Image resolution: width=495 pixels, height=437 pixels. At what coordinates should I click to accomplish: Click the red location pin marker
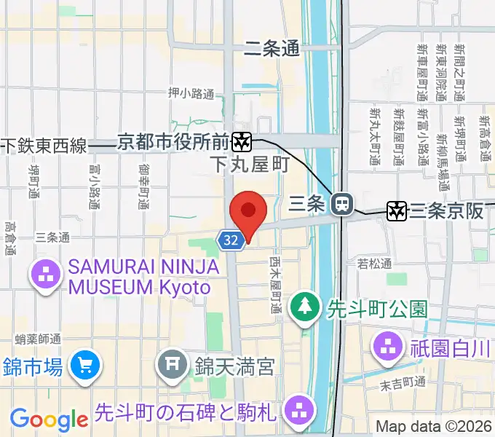coord(248,213)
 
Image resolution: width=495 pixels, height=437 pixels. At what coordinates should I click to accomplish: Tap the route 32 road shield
coord(230,240)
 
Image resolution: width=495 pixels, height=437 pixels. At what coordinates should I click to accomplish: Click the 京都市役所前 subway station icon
coord(242,141)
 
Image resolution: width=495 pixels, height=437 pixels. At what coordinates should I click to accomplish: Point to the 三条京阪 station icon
coord(397,211)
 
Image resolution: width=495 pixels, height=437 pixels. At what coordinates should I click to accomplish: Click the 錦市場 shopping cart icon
coord(85,365)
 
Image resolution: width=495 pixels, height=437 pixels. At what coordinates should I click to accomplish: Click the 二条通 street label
coord(272,49)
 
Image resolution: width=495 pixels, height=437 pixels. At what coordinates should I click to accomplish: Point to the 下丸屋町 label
coord(250,165)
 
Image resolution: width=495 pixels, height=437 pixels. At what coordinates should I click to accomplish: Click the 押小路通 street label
coord(191,93)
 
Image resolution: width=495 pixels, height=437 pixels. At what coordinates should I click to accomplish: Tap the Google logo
coord(49,420)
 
